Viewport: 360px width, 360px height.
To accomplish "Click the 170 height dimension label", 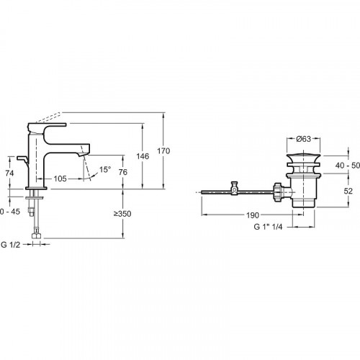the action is tap(163, 151).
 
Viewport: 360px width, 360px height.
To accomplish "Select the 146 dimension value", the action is tap(143, 156).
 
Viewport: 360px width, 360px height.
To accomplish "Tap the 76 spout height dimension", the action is tap(123, 172).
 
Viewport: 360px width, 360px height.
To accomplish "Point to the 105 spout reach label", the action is tap(60, 179).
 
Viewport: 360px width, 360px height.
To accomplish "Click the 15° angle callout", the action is tap(105, 169).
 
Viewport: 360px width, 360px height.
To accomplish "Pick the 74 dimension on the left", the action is tap(9, 173).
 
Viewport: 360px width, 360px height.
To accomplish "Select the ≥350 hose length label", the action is tap(122, 214).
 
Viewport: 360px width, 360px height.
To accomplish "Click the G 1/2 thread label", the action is tap(11, 245).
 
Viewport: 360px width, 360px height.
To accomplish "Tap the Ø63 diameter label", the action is tap(303, 139).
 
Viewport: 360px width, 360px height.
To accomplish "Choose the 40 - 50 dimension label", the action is tap(348, 166).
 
